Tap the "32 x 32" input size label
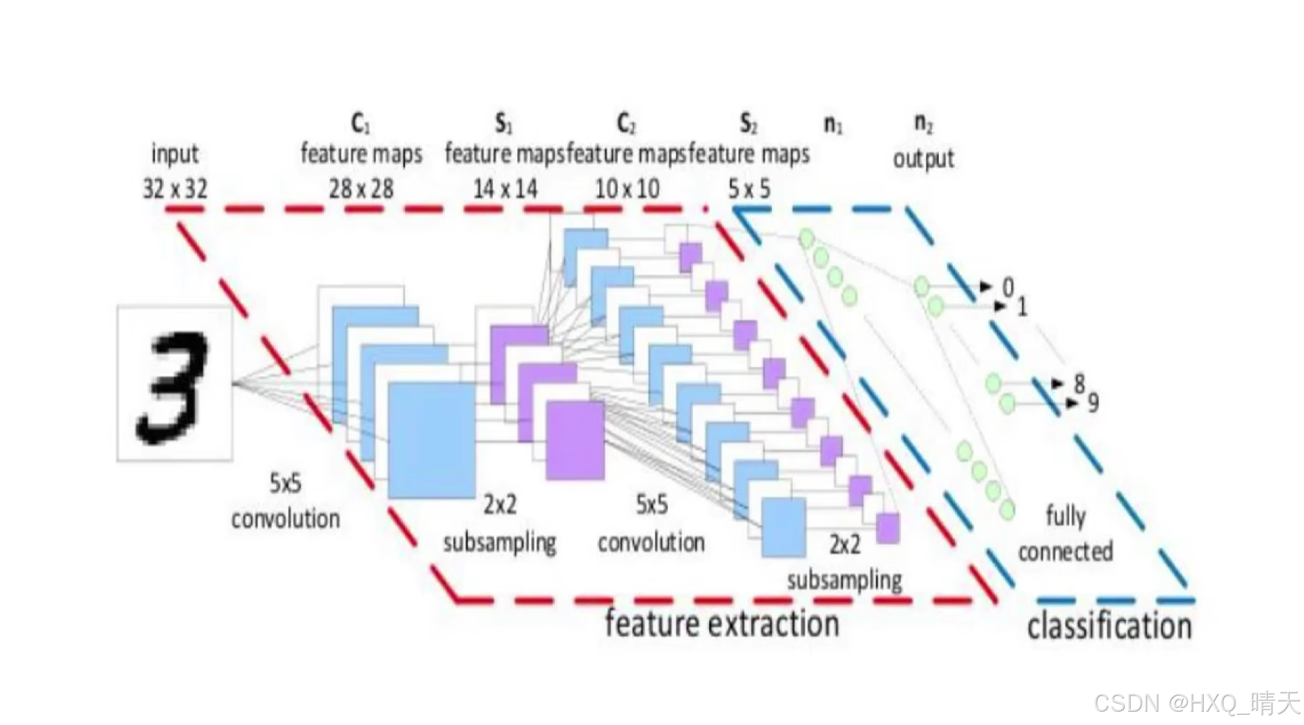175,189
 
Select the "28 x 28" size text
361,189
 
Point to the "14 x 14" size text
505,189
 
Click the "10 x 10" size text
627,189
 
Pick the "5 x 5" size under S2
749,189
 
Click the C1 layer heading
360,124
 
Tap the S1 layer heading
503,124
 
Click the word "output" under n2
923,159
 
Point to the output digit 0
1008,287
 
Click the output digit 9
1093,403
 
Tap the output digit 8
1080,383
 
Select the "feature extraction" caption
722,624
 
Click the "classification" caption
1109,627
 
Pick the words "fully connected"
1065,533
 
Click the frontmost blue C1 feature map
431,441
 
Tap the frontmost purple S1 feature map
575,440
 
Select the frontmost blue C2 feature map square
783,527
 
